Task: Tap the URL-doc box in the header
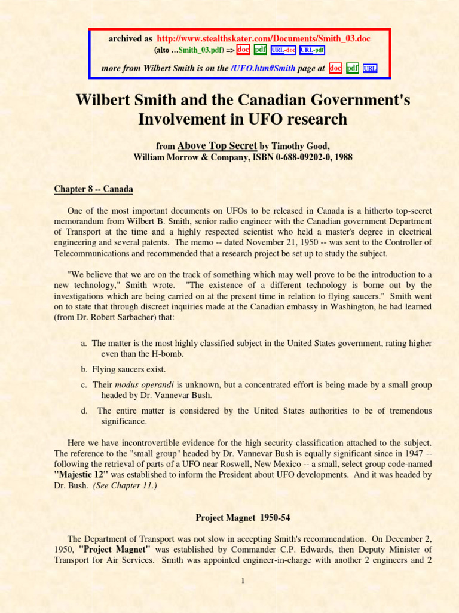(283, 50)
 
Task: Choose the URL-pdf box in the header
(312, 50)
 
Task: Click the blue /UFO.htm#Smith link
(262, 68)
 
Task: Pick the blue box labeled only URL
(370, 68)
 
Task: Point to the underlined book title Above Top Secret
(218, 145)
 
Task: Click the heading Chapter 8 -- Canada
(93, 189)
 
